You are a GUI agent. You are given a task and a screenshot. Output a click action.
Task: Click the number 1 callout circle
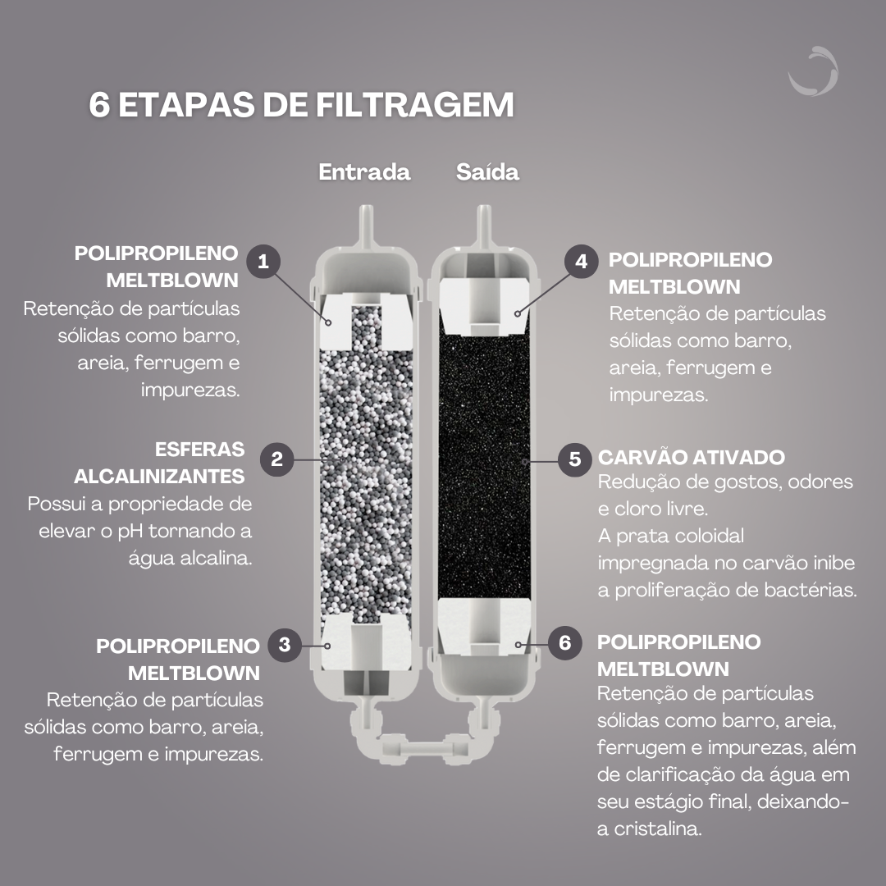(263, 262)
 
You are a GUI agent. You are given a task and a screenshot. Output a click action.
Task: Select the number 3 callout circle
(285, 645)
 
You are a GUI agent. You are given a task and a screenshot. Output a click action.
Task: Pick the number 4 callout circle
(582, 262)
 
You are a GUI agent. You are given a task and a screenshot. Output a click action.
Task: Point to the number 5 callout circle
(574, 459)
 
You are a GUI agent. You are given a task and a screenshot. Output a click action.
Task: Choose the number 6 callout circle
(564, 642)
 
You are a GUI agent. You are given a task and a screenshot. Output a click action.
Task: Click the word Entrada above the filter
(364, 173)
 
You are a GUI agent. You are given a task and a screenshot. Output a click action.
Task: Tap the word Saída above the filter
(487, 173)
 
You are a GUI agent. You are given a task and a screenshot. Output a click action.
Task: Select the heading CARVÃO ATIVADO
(692, 458)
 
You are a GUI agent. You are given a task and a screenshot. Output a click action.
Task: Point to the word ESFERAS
(200, 450)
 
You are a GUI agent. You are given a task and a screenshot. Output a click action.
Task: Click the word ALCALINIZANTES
(159, 477)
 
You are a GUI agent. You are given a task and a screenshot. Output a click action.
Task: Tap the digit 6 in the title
(99, 107)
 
